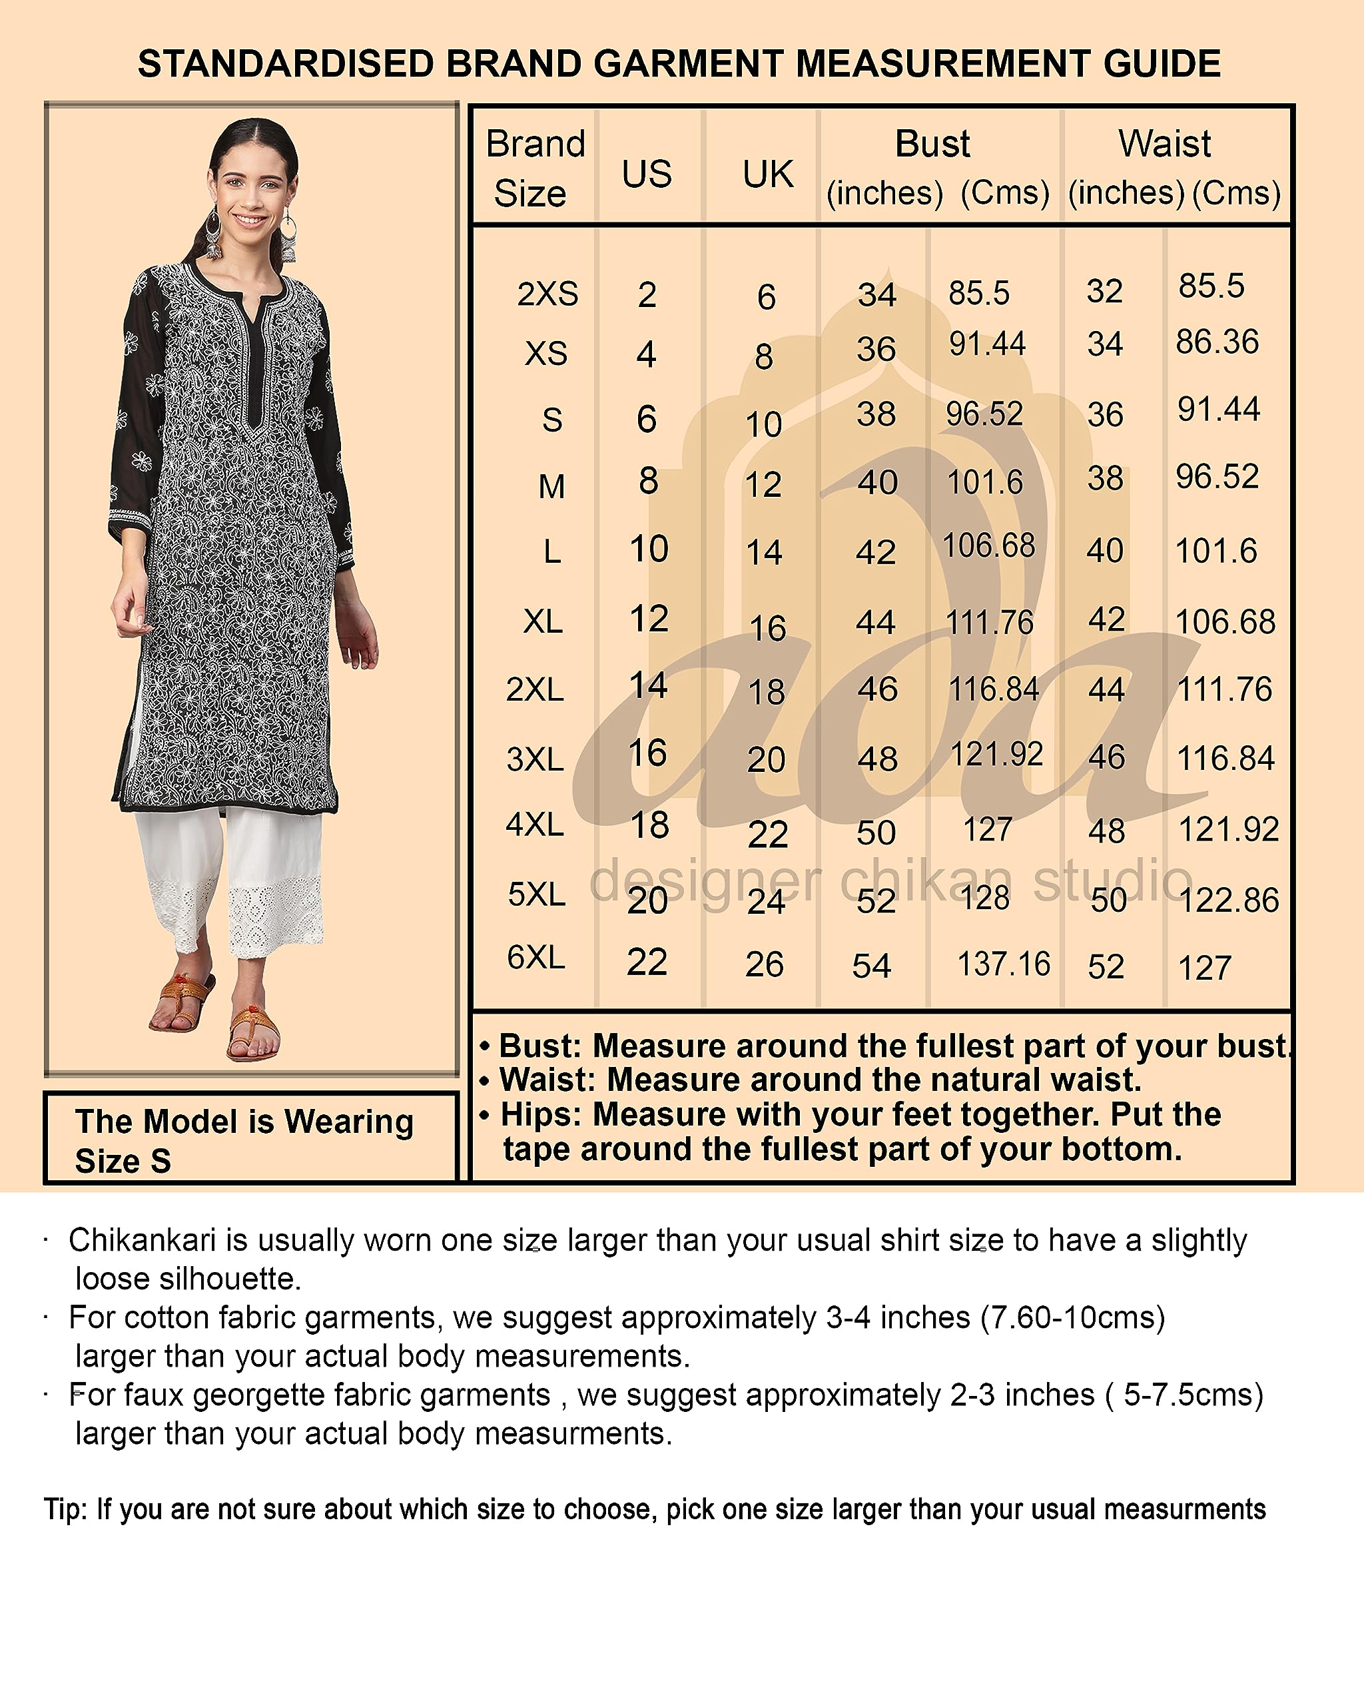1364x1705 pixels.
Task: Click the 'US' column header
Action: tap(646, 174)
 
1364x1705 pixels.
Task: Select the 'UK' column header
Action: tap(767, 174)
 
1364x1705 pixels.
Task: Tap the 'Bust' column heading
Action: tap(932, 144)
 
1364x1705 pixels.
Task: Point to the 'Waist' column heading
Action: tap(1164, 144)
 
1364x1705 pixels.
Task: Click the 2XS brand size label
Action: tap(547, 294)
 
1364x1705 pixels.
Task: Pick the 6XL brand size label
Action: tap(535, 958)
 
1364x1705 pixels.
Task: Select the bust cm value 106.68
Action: tap(988, 545)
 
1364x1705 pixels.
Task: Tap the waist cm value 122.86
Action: tap(1228, 900)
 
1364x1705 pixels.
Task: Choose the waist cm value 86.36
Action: tap(1217, 342)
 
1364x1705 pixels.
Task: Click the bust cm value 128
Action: tap(984, 898)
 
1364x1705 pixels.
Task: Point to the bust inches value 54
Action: tap(871, 966)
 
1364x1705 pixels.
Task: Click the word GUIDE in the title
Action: tap(1162, 64)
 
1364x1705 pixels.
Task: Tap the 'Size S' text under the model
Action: tap(123, 1161)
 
